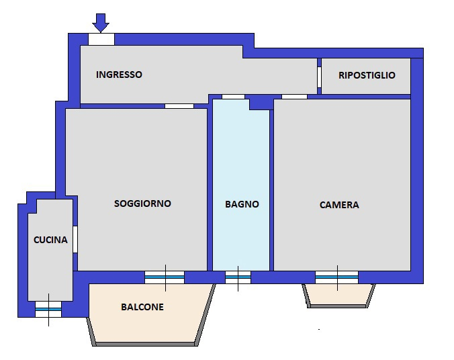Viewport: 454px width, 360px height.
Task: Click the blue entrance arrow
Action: coord(101,22)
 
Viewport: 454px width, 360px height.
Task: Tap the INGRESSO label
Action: coord(119,75)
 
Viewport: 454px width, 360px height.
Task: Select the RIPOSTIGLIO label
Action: coord(366,75)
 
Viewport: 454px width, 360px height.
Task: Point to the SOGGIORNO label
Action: coord(142,203)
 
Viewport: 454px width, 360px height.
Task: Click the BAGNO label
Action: coord(242,204)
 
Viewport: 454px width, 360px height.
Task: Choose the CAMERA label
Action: coord(339,205)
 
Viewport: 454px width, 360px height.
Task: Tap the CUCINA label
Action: coord(50,239)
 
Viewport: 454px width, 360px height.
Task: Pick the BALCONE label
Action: coord(142,307)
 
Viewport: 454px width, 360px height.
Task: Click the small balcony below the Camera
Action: coord(338,294)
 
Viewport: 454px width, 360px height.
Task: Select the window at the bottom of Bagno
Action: coord(238,277)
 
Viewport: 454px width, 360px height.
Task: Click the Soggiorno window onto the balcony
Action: coord(165,277)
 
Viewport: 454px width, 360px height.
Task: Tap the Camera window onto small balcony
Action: coord(336,277)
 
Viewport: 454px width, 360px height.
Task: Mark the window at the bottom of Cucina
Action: coord(48,309)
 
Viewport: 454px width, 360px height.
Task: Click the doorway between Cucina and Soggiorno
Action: coord(75,239)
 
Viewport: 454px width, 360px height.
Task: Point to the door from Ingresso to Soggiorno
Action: coord(179,105)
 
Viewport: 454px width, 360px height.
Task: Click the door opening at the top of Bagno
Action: coord(233,97)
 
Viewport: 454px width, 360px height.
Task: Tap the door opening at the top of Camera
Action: coord(294,97)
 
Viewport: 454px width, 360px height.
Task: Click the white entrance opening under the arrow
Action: coord(101,39)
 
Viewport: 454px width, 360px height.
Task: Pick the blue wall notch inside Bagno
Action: coord(259,104)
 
